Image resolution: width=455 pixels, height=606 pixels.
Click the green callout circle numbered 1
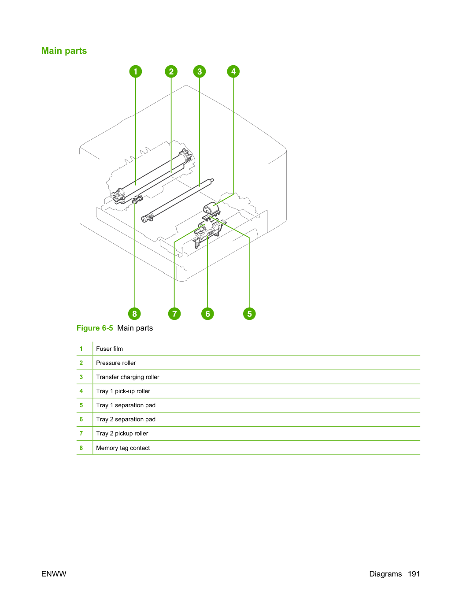click(136, 71)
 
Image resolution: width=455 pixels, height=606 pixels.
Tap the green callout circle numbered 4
click(233, 71)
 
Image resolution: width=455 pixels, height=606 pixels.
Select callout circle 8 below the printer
click(134, 314)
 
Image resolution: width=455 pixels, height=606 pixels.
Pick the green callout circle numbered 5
click(249, 314)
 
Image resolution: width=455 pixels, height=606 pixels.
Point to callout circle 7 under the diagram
click(174, 314)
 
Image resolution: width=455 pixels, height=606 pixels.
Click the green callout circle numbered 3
click(200, 71)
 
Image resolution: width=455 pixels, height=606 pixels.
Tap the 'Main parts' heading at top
click(64, 51)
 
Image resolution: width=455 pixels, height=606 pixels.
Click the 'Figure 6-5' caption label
click(95, 328)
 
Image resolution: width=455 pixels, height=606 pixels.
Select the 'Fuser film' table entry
click(109, 349)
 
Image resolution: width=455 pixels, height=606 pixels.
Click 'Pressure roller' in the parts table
click(116, 363)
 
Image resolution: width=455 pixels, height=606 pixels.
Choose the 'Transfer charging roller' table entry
click(127, 377)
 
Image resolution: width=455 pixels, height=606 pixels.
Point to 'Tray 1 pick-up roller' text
click(123, 391)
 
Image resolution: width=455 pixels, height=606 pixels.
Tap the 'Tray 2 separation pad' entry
click(126, 420)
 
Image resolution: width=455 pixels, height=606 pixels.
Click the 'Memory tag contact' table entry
click(123, 448)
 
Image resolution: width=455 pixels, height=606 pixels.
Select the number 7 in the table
click(81, 433)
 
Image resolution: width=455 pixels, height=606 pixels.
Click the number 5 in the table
click(81, 405)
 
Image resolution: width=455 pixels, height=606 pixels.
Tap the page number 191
click(414, 574)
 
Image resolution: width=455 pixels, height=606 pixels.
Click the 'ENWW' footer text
click(54, 574)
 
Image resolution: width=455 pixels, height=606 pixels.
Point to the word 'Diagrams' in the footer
click(385, 574)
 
